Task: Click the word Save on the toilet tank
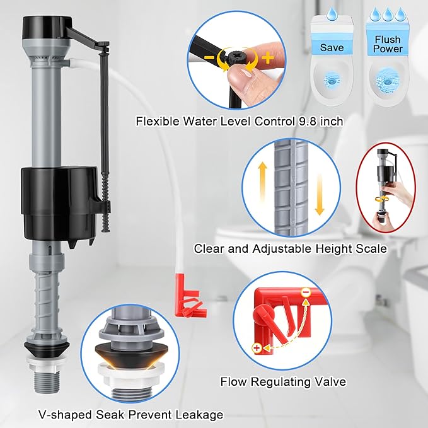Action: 331,47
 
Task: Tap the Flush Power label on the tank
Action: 387,45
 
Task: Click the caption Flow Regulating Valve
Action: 282,381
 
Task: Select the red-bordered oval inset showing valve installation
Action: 386,189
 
